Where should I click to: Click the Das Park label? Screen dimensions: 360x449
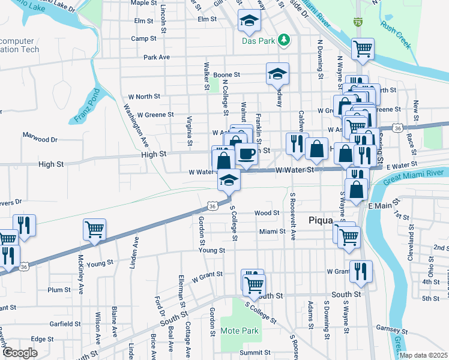point(258,41)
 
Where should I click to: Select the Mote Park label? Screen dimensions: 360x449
point(240,331)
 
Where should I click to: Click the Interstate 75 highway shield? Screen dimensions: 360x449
point(358,23)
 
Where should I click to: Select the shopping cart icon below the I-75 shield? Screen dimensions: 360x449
point(363,48)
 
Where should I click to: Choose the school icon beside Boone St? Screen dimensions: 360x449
point(277,73)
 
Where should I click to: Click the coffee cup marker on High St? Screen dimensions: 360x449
point(247,154)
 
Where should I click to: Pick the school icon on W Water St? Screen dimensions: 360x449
point(229,179)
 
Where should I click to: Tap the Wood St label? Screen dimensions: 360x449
point(267,213)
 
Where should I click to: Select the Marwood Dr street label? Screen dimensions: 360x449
point(40,139)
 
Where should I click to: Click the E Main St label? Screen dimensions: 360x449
point(372,206)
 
